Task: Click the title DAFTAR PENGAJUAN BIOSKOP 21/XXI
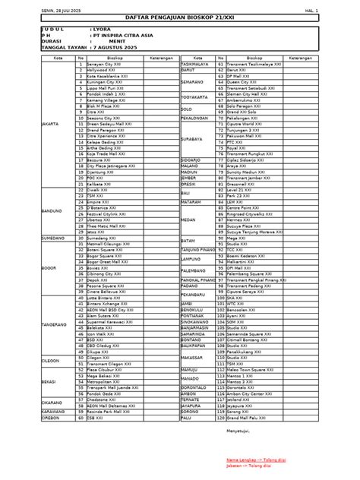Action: [180, 17]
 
